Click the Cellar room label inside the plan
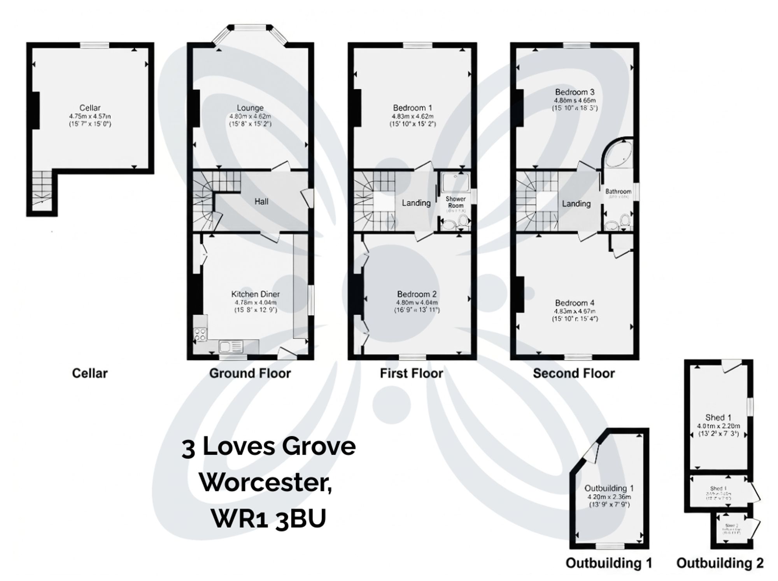tap(90, 108)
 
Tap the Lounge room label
tap(250, 108)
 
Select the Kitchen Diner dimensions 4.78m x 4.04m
tap(256, 302)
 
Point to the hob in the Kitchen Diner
tap(201, 335)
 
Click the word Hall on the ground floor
tap(261, 202)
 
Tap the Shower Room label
tap(456, 202)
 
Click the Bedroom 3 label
tap(575, 92)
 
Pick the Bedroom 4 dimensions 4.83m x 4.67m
tap(575, 311)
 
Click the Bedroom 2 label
tap(417, 294)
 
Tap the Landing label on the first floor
tap(416, 203)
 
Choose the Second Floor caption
tap(574, 373)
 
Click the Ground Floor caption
tap(250, 373)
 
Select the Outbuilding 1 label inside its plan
tap(606, 488)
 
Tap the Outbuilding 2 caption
tap(720, 563)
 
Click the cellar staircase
tap(42, 191)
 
